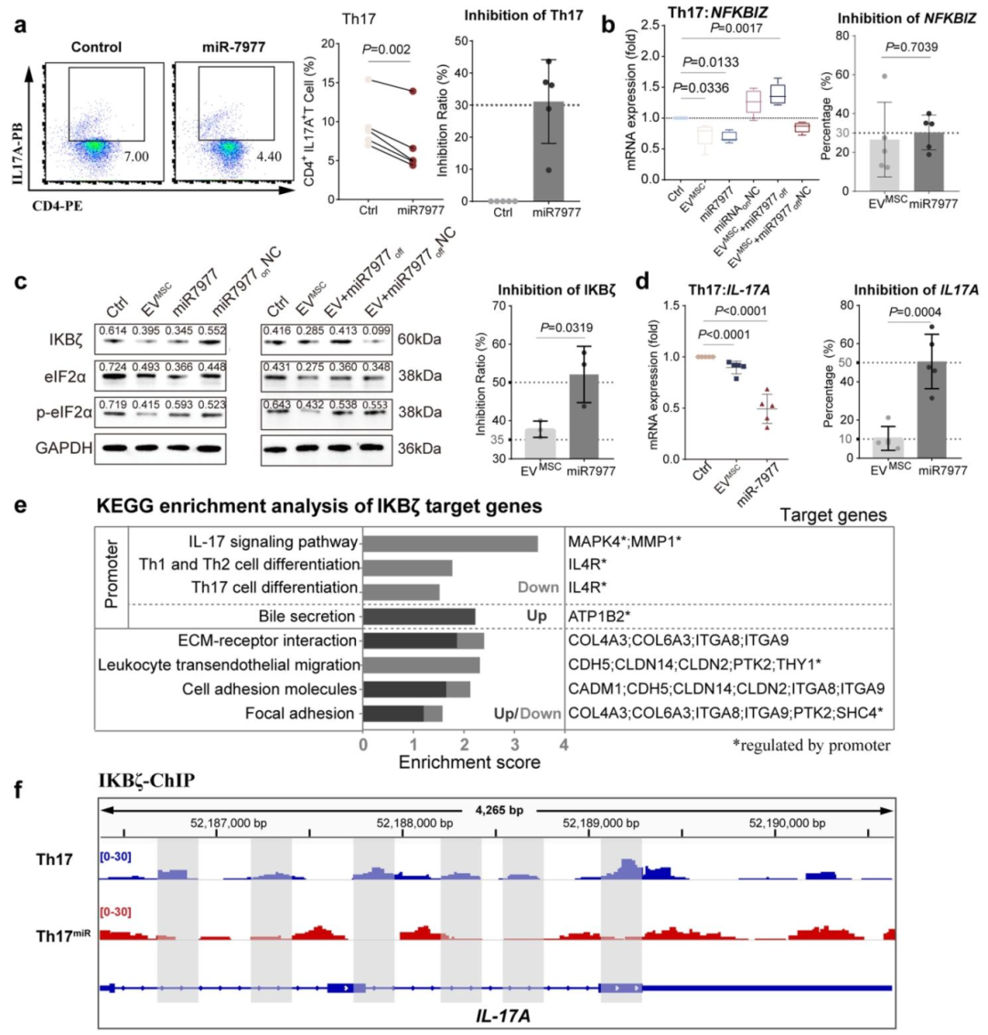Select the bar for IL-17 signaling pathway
(x=450, y=543)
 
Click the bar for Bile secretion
(x=420, y=616)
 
